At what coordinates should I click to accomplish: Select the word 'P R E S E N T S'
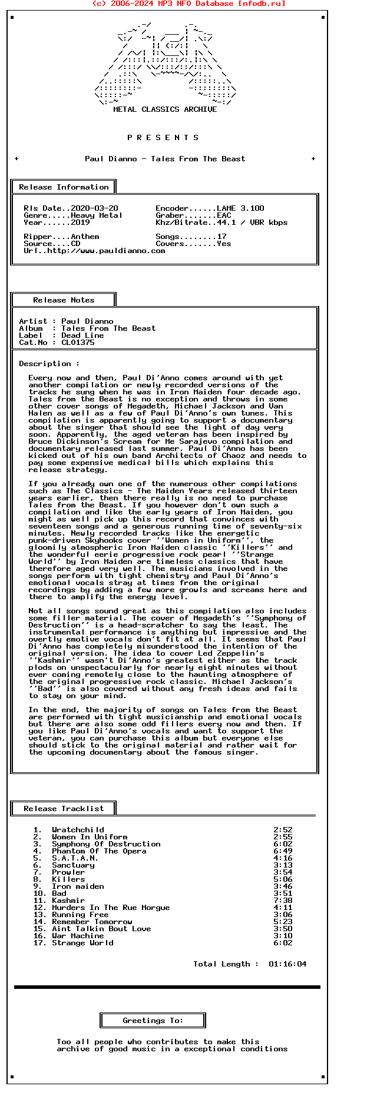point(163,138)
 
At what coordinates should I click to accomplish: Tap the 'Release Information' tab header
point(64,187)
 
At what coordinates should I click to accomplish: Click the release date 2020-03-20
point(94,208)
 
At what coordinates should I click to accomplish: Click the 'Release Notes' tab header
point(64,300)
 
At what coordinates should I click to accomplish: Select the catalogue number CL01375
point(78,343)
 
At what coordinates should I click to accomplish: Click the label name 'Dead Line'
point(82,336)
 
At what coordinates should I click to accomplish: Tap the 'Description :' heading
point(49,364)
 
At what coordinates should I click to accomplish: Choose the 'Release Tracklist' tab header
point(64,809)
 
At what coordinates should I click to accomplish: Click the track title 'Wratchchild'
point(78,830)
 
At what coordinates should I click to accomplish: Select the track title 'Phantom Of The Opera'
point(99,851)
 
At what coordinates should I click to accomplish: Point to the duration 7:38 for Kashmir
point(283,901)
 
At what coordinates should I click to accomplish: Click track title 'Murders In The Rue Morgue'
point(111,908)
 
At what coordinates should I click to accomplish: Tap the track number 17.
point(39,943)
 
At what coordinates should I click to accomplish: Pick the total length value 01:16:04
point(287,964)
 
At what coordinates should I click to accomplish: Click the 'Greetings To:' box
point(153,1021)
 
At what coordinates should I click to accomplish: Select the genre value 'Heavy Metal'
point(97,215)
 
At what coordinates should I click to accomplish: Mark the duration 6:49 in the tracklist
point(283,851)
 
